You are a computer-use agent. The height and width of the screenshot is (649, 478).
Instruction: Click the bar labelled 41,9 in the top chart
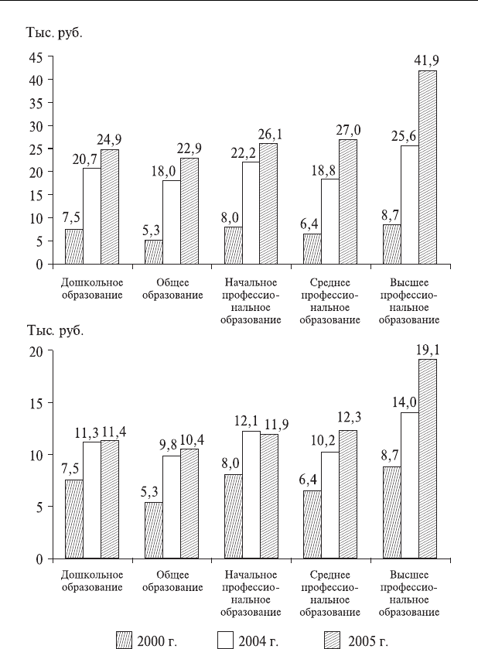click(427, 167)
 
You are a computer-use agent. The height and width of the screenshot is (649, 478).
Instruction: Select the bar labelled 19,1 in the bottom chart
click(427, 459)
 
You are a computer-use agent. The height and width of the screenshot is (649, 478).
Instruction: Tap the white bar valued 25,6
click(410, 205)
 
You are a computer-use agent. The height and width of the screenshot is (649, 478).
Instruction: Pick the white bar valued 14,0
click(410, 486)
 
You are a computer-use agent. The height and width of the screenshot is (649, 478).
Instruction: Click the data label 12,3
click(350, 417)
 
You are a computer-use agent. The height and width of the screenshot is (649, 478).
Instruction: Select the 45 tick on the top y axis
click(36, 57)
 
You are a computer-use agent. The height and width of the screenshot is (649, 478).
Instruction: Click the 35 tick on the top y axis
click(36, 103)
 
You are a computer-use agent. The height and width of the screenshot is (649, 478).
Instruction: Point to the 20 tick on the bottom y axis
click(36, 351)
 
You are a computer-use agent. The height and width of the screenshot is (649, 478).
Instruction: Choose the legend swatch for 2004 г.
click(225, 640)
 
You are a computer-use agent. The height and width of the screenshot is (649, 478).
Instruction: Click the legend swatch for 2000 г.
click(124, 640)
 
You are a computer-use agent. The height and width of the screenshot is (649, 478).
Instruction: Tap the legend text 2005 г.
click(367, 641)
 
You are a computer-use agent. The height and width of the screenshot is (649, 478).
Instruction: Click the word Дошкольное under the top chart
click(92, 282)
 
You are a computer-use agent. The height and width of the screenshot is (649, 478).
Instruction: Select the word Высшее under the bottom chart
click(409, 575)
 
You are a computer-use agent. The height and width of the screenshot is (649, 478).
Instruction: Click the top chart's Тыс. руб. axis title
click(55, 33)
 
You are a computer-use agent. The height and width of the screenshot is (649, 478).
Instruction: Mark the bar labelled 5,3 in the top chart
click(154, 251)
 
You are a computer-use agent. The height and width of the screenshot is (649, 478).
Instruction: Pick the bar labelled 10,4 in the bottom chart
click(189, 504)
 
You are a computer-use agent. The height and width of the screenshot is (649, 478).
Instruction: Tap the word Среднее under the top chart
click(329, 282)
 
